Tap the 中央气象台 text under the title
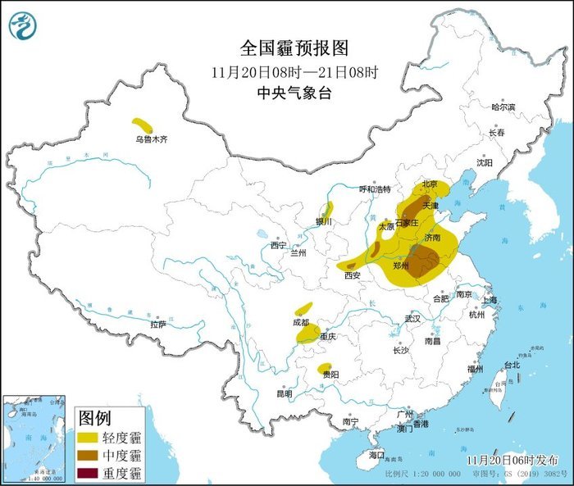(x=294, y=93)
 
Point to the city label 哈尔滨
(x=503, y=107)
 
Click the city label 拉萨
(x=158, y=325)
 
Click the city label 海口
(x=376, y=454)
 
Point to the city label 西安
(x=353, y=275)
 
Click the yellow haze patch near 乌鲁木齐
(x=143, y=125)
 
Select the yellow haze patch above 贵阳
(x=326, y=369)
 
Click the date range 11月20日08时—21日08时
(x=294, y=71)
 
